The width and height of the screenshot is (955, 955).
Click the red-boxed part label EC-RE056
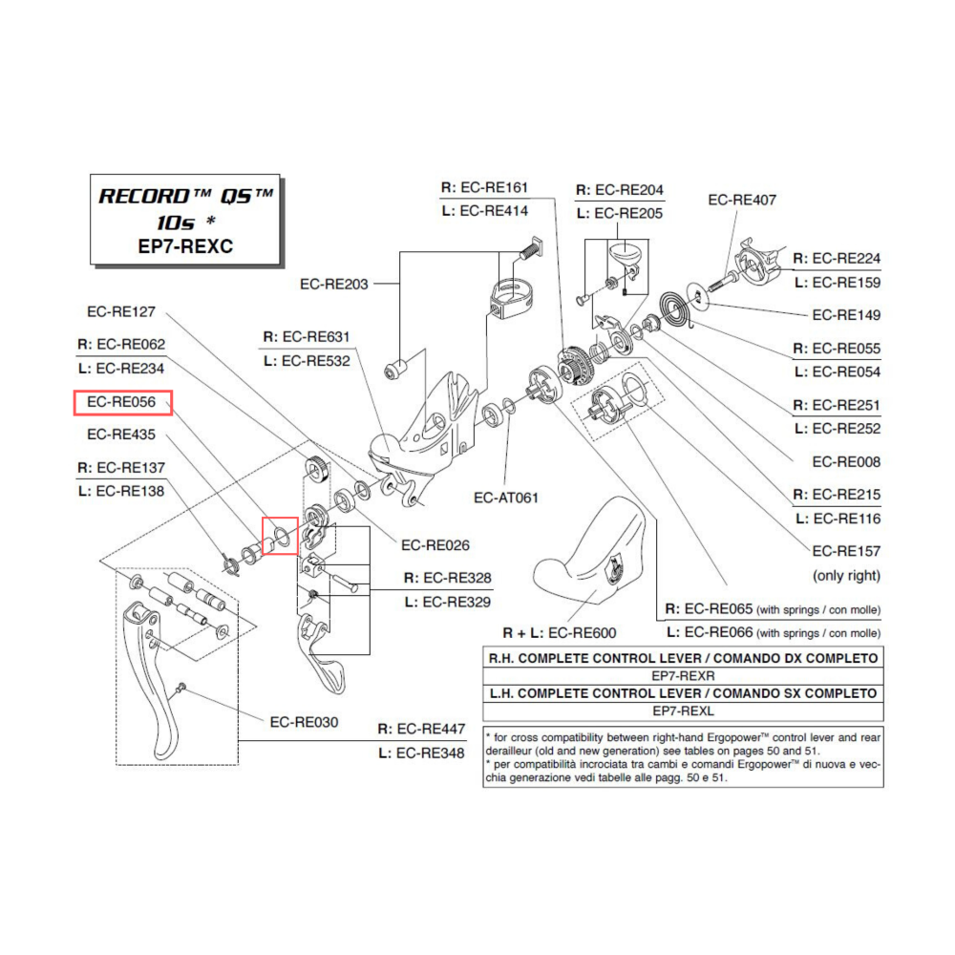[x=123, y=403]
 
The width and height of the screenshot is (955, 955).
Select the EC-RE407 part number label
[x=742, y=200]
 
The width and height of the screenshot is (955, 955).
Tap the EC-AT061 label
[x=506, y=498]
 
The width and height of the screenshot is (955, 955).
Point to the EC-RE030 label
[x=303, y=722]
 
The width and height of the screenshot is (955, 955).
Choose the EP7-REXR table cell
[x=683, y=675]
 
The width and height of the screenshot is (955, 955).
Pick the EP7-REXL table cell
[x=683, y=711]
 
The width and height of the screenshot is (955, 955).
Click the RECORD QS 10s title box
[x=186, y=219]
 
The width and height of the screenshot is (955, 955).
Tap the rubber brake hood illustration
[x=597, y=554]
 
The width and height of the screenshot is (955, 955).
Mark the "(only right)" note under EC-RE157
[x=846, y=576]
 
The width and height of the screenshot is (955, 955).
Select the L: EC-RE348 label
[x=421, y=753]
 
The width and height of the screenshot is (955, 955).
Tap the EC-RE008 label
[x=846, y=461]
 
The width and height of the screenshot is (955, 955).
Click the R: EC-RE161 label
[x=484, y=187]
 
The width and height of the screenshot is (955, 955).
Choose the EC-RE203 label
[x=334, y=284]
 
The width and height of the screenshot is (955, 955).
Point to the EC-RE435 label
[x=121, y=435]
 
